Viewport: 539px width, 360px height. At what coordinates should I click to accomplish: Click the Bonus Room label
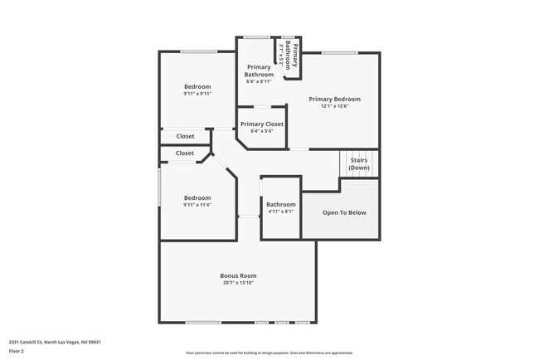point(238,275)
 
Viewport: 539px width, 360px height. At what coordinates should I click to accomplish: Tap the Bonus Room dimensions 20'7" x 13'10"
point(238,283)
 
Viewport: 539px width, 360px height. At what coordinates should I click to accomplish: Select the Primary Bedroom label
point(334,99)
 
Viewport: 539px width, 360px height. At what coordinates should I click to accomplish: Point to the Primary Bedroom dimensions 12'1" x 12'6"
point(334,106)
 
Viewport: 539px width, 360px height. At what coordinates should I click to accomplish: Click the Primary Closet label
point(261,124)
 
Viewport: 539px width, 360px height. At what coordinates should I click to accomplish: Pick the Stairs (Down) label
point(359,163)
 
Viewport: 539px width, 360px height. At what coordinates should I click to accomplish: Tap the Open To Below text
point(344,212)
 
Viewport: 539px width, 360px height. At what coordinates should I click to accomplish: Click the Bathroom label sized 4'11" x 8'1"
point(280,204)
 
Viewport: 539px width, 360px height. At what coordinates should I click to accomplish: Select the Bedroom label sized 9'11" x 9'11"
point(197,86)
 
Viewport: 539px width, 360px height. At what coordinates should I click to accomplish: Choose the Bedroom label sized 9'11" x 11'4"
point(197,197)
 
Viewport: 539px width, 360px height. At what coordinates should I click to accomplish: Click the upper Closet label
point(185,136)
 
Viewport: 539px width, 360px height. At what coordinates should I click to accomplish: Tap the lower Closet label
point(185,153)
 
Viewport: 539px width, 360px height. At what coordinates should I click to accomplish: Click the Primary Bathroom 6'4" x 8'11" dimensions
point(259,81)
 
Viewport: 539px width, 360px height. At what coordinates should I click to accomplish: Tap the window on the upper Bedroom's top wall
point(199,52)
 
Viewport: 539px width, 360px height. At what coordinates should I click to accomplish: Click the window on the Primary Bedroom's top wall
point(339,52)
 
